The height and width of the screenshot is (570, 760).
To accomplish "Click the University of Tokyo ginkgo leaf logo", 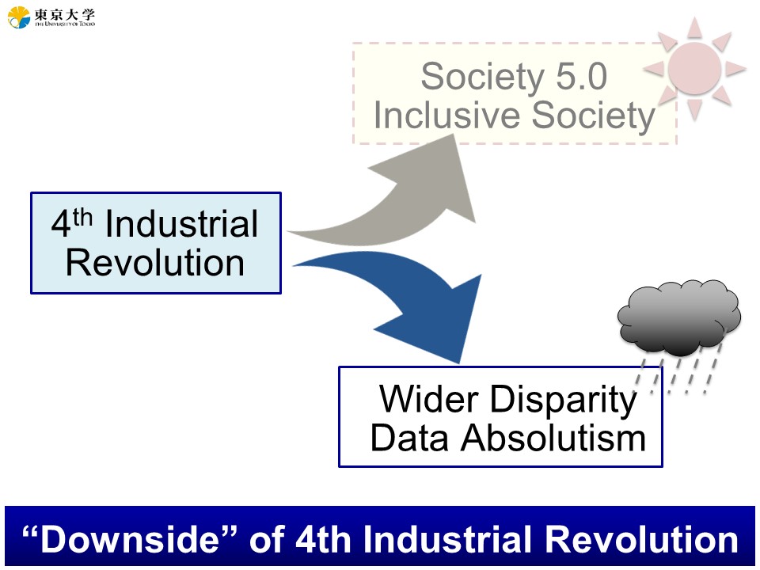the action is [x=19, y=17].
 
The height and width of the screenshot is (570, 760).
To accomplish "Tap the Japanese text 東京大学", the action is [x=64, y=14].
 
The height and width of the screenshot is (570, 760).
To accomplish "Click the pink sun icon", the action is [x=694, y=68].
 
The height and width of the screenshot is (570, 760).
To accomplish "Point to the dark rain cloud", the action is [x=679, y=317].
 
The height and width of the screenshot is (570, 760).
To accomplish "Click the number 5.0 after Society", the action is [x=581, y=77].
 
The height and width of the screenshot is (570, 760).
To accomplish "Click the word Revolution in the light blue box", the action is [x=155, y=263].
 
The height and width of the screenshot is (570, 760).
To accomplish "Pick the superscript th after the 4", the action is [x=82, y=217].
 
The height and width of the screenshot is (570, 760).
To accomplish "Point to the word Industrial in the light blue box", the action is [x=182, y=224].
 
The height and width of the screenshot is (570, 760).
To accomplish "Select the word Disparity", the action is [x=563, y=401].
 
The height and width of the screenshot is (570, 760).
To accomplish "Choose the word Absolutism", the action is [x=553, y=438].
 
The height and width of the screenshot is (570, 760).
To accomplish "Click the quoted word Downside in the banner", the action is [x=130, y=539].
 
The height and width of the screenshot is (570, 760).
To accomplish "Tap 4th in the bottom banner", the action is [x=323, y=539].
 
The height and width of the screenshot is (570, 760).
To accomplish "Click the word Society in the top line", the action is [x=483, y=77].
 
